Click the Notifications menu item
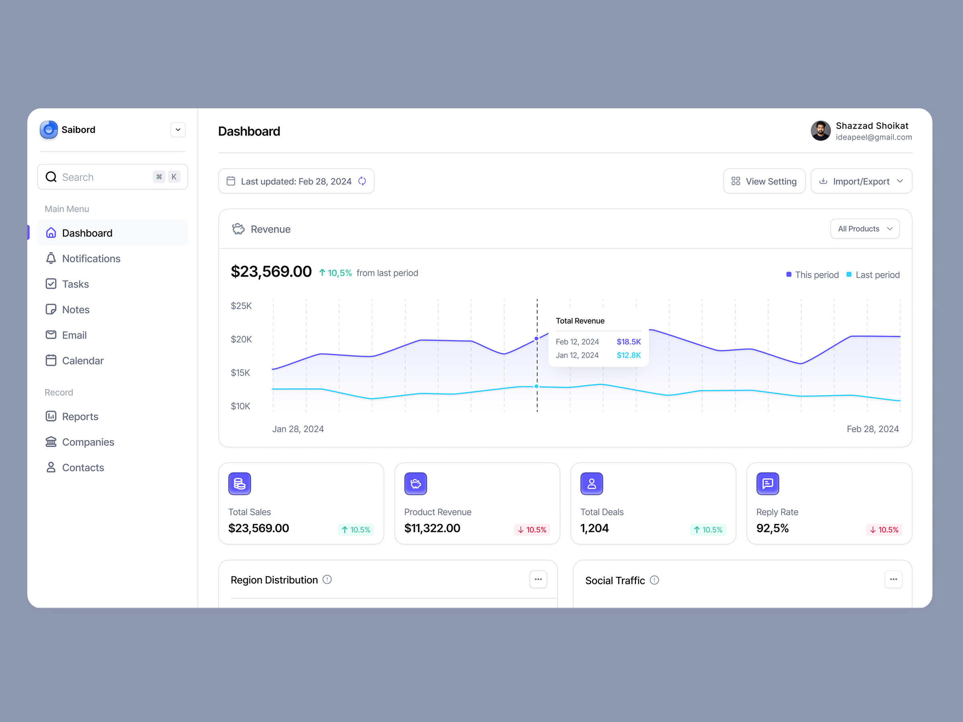click(91, 258)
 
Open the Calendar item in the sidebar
click(83, 361)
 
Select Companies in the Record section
click(88, 442)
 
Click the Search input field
click(104, 177)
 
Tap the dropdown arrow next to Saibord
click(178, 130)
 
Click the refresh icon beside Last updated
click(362, 181)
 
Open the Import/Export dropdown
click(861, 181)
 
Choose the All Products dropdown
click(865, 229)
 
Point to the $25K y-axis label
click(241, 306)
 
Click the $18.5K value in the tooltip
click(628, 342)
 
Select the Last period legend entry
click(873, 275)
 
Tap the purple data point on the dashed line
click(536, 339)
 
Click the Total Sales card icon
click(240, 483)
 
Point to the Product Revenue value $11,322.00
click(432, 528)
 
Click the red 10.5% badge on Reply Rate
click(884, 529)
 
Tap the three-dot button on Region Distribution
click(538, 579)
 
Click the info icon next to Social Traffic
click(654, 580)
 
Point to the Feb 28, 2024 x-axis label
click(872, 429)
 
